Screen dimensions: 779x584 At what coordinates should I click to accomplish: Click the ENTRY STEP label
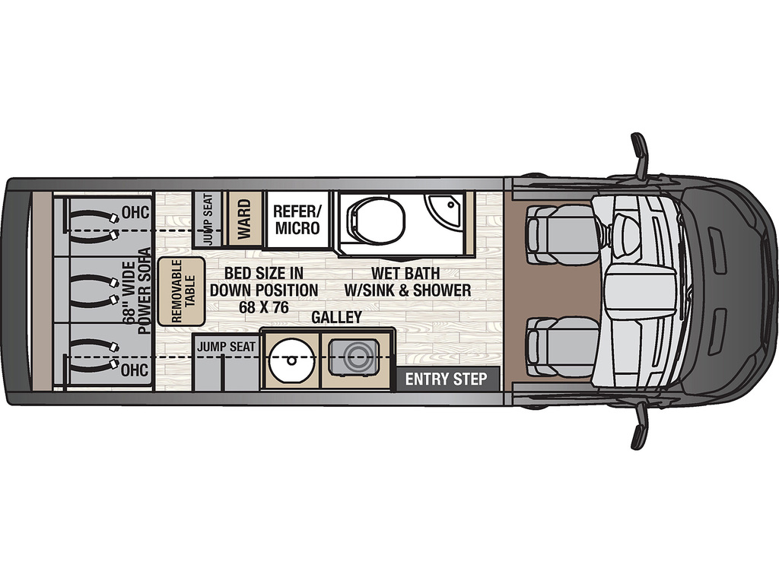pyautogui.click(x=446, y=379)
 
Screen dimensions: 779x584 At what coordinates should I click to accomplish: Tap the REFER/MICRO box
pyautogui.click(x=297, y=219)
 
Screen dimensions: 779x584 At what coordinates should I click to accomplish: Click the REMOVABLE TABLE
pyautogui.click(x=181, y=291)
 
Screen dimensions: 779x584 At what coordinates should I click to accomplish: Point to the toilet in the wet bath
pyautogui.click(x=376, y=220)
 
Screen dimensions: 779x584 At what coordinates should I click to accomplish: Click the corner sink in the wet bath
pyautogui.click(x=444, y=208)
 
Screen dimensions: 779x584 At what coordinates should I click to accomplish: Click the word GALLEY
pyautogui.click(x=336, y=317)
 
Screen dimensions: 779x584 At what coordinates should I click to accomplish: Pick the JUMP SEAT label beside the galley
pyautogui.click(x=226, y=347)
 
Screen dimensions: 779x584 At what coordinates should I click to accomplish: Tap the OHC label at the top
pyautogui.click(x=135, y=213)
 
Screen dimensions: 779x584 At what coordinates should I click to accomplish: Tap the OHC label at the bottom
pyautogui.click(x=135, y=370)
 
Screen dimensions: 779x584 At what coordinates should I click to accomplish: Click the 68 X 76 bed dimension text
pyautogui.click(x=264, y=307)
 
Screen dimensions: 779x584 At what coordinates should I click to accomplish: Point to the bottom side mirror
pyautogui.click(x=640, y=425)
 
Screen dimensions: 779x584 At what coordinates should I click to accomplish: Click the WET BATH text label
pyautogui.click(x=405, y=273)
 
